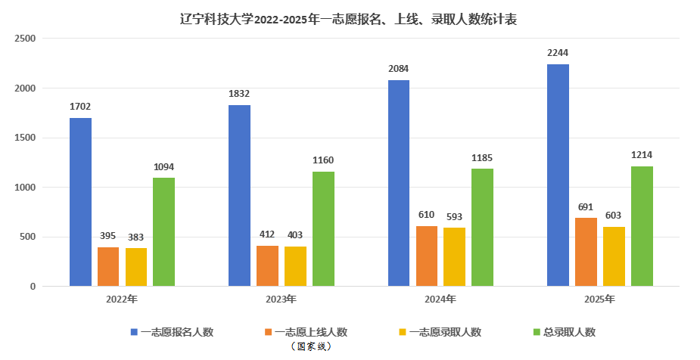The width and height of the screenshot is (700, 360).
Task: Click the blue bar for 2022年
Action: point(80,202)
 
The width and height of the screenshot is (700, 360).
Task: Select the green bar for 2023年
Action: point(323,229)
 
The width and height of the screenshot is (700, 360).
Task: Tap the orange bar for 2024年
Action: point(427,256)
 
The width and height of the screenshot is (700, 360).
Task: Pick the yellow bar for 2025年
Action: point(614,256)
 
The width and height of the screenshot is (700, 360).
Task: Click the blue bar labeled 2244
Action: point(558,175)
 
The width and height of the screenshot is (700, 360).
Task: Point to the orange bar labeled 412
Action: point(267,265)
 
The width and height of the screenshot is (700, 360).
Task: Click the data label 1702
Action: point(80,106)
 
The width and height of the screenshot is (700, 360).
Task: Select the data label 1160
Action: point(323,160)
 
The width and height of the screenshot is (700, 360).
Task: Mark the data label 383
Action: point(136,237)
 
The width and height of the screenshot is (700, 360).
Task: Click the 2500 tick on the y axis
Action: point(26,39)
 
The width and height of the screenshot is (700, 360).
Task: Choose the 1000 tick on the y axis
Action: point(26,188)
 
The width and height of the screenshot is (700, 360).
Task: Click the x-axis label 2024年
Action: point(440,299)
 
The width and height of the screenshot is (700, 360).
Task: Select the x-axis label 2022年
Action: point(122,299)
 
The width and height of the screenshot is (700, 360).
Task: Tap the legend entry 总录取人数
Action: point(569,331)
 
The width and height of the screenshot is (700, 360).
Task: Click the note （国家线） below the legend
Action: point(311,346)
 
